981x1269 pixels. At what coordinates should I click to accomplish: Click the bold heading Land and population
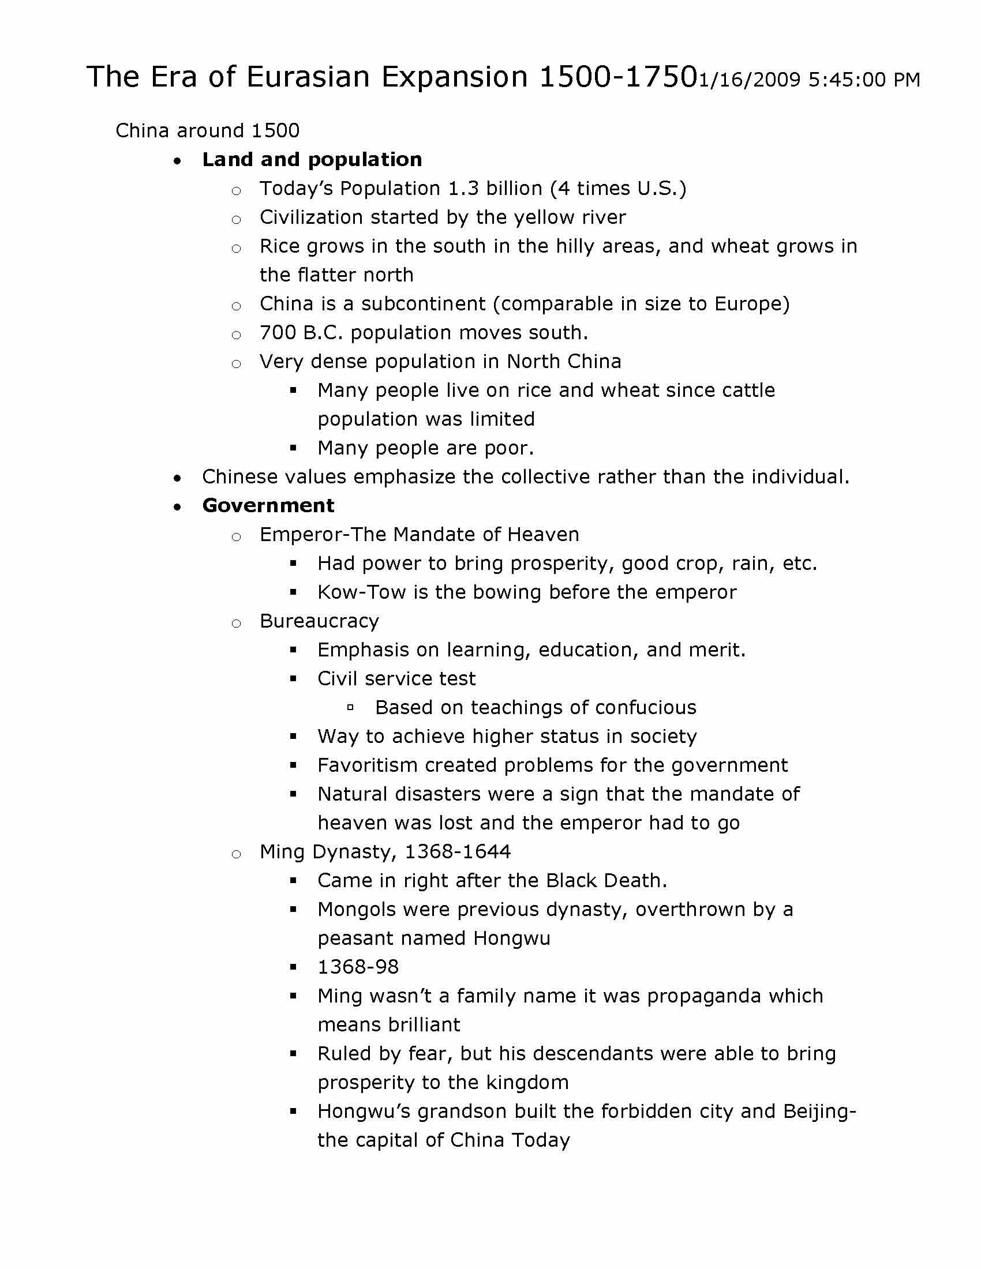click(312, 160)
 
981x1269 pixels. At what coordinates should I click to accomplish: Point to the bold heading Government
click(268, 506)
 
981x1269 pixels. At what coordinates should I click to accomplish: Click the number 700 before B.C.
click(278, 333)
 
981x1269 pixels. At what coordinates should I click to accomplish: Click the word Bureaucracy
click(319, 622)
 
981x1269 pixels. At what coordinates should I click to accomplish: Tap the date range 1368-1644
click(458, 853)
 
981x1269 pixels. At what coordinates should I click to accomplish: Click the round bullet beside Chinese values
click(177, 478)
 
